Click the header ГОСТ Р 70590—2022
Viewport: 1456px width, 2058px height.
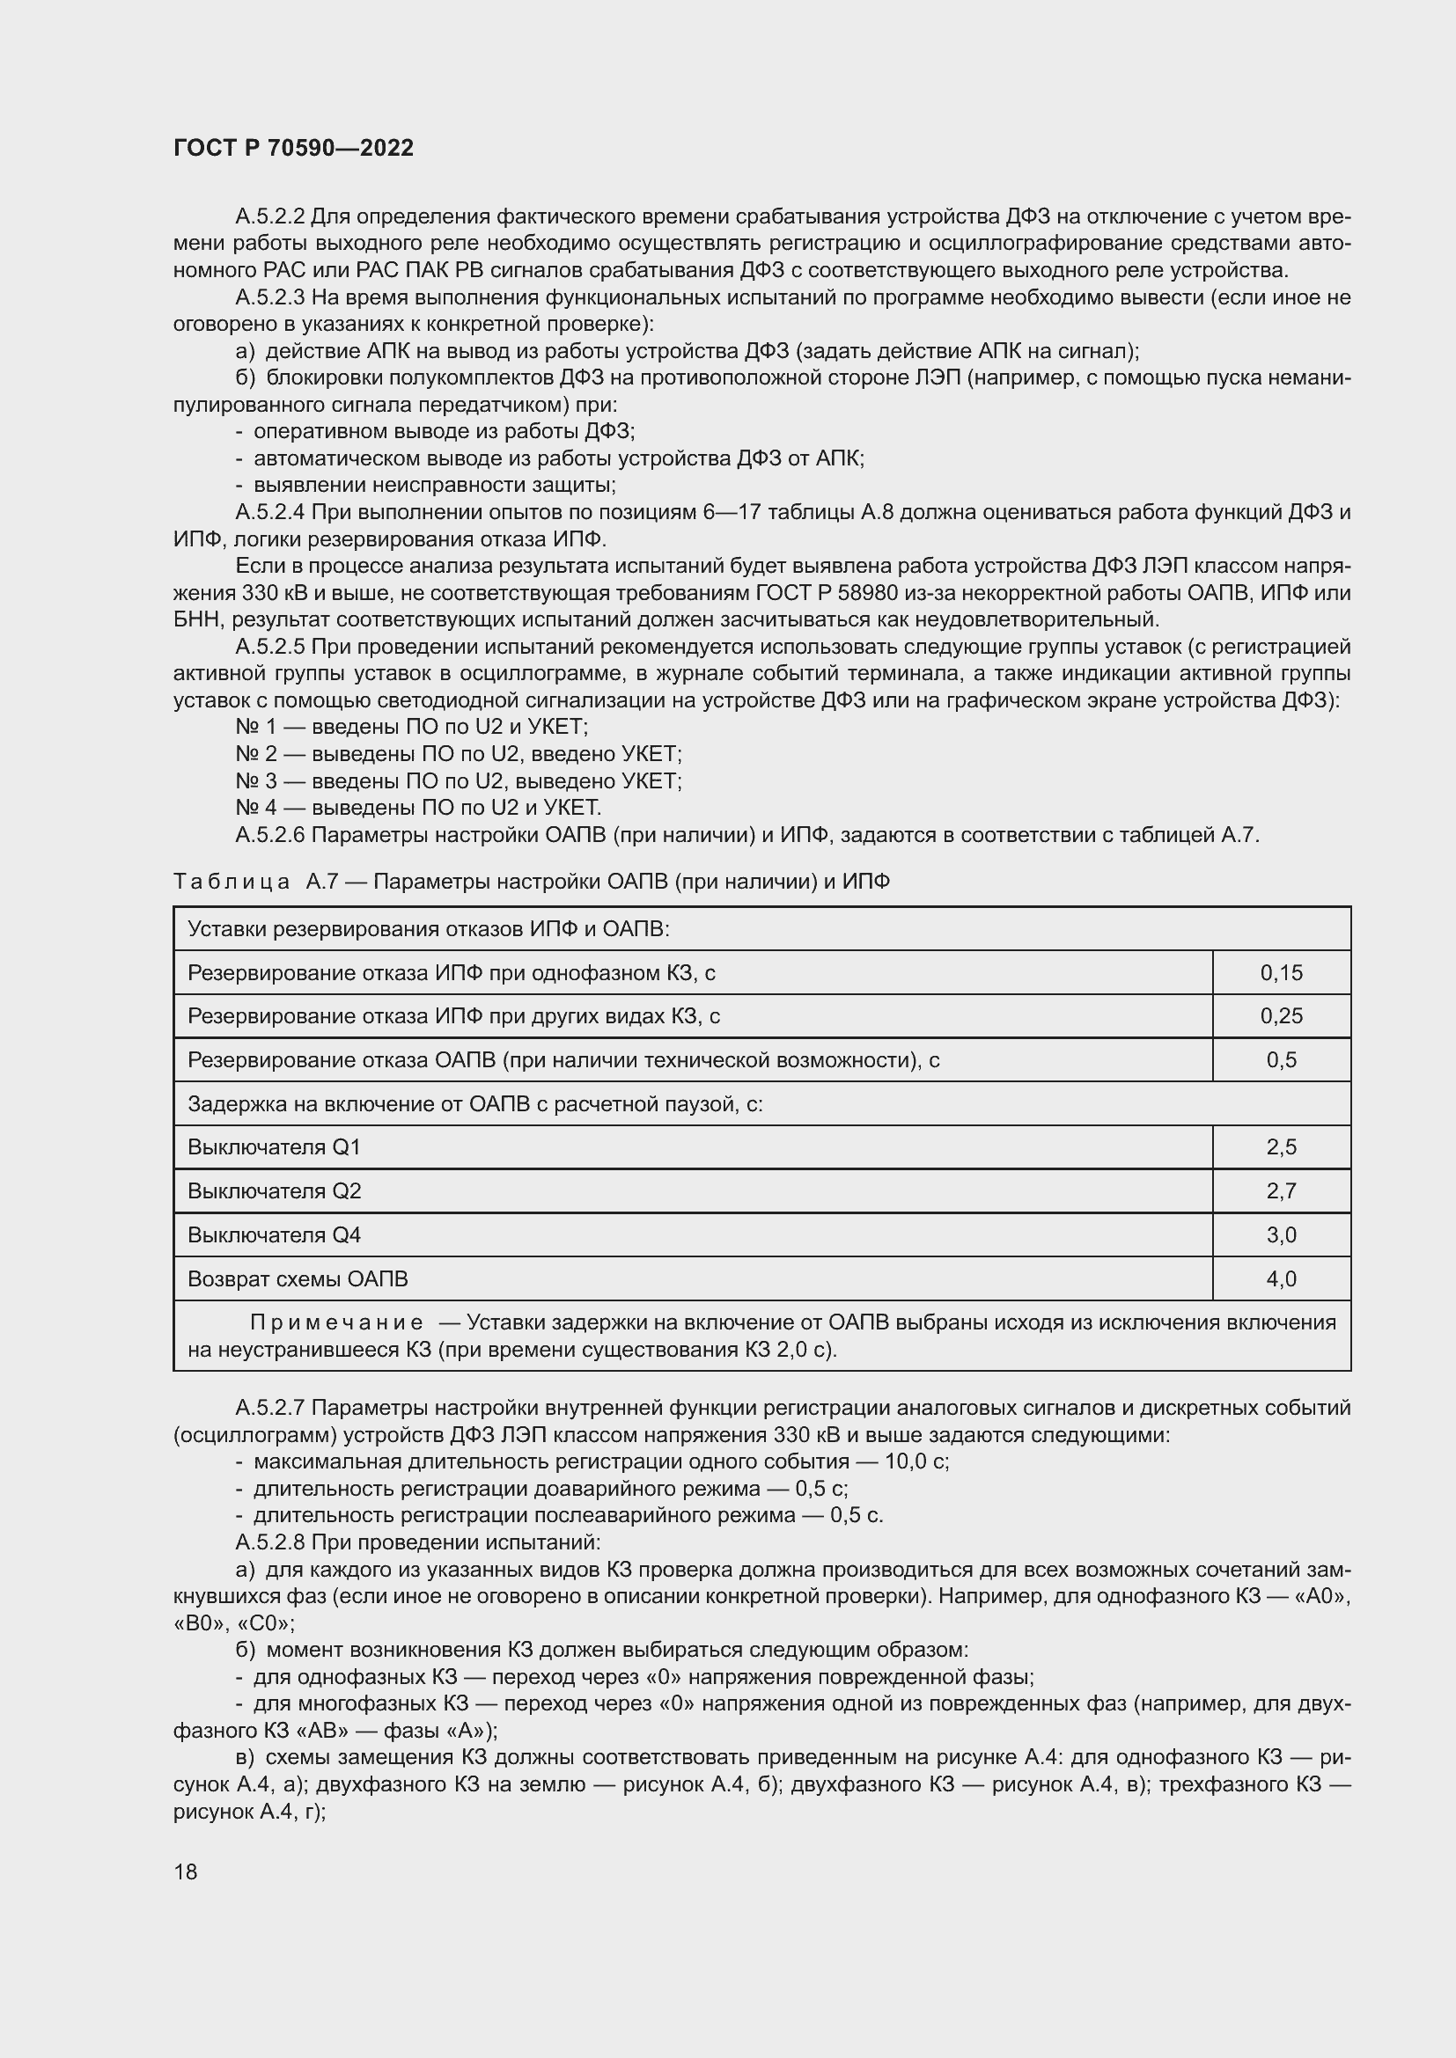click(293, 148)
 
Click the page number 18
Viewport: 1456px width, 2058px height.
click(186, 1871)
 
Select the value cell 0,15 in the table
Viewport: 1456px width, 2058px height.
click(1280, 972)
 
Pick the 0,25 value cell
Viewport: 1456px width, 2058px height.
click(1280, 1015)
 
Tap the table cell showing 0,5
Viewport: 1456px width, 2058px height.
click(1280, 1059)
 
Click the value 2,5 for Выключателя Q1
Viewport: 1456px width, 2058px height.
click(1280, 1146)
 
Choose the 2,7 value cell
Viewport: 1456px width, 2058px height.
click(1280, 1190)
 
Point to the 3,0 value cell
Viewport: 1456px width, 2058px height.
click(1280, 1234)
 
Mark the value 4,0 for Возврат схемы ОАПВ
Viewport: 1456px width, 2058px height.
click(1280, 1278)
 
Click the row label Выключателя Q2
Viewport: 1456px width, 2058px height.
click(274, 1190)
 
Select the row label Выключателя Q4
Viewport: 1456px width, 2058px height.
click(274, 1234)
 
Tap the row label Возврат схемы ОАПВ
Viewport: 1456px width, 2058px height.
click(297, 1278)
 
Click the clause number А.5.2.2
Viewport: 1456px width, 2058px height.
click(270, 216)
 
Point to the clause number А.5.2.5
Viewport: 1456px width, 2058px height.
click(270, 647)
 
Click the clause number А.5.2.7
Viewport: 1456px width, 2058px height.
click(270, 1407)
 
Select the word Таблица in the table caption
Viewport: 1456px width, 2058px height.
click(232, 882)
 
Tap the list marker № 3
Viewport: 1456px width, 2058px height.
click(255, 780)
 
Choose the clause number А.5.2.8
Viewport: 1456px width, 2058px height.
click(270, 1542)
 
